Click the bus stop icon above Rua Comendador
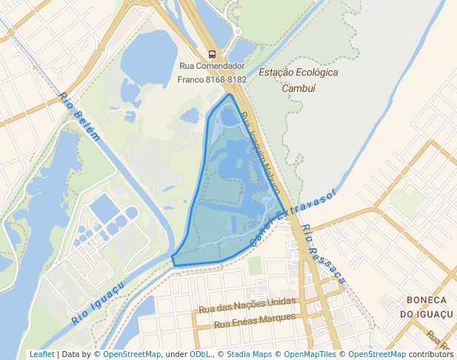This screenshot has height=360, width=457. point(213,54)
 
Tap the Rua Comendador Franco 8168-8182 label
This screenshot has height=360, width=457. point(212,73)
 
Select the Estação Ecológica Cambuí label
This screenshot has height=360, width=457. point(298,80)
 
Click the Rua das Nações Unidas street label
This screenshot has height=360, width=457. point(247,305)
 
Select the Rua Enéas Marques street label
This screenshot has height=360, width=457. point(255,321)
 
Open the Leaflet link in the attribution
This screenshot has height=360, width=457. point(41,354)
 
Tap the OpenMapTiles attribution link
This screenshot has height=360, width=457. point(310,354)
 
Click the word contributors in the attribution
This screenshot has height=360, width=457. point(430,354)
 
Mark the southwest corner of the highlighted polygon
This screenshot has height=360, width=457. point(173,263)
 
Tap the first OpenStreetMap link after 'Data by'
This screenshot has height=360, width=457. point(132,354)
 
